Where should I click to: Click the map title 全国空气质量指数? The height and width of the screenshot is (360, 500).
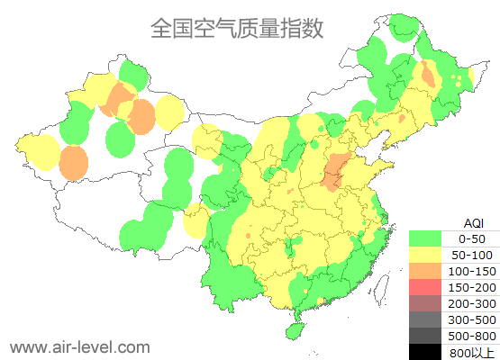tap(237, 29)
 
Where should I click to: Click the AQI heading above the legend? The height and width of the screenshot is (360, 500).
tap(473, 222)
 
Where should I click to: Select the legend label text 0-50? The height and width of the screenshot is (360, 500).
tap(472, 238)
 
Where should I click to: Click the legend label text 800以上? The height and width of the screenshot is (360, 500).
tap(472, 352)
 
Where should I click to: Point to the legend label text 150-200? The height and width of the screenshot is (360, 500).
tap(472, 287)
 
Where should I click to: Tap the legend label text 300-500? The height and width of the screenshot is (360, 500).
tap(472, 319)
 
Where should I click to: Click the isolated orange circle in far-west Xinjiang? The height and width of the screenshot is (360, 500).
tap(74, 163)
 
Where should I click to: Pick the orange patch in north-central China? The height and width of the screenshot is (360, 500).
tap(334, 171)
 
